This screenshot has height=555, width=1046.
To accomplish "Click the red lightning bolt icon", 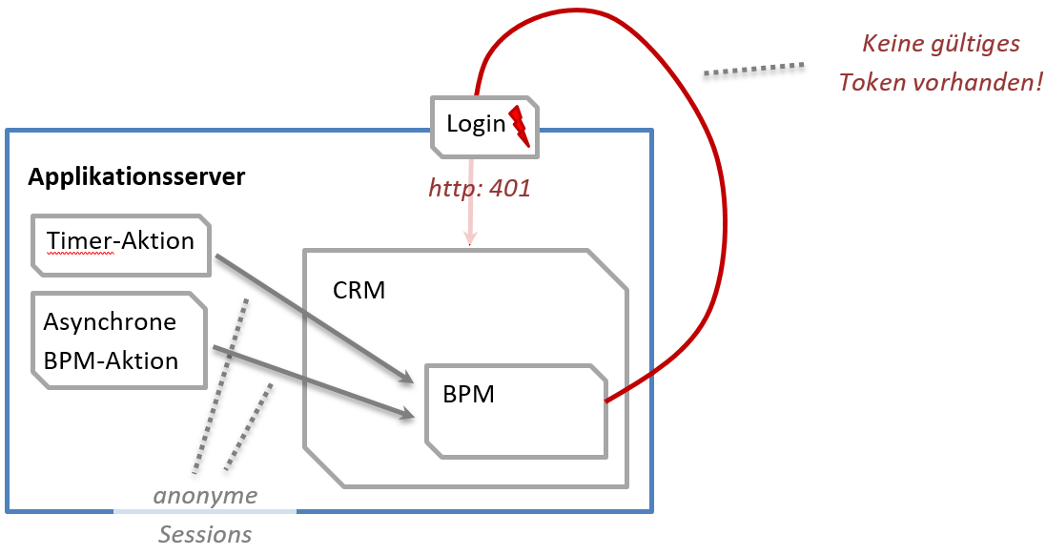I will coord(519,125).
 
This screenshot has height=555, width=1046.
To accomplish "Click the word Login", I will coord(476,124).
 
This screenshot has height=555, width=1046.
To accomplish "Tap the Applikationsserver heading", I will coord(136,176).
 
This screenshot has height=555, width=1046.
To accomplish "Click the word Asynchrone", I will coord(110,321).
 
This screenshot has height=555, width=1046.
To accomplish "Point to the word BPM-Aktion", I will coord(111,361).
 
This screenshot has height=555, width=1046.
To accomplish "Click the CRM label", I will coord(359,290).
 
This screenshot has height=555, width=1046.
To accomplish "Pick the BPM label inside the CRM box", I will coord(468,394).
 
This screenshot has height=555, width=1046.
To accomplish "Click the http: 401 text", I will coord(479,189).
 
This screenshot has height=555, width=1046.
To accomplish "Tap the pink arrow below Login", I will coord(470,224).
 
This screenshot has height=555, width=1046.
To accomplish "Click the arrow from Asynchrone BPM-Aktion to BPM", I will coord(315,381).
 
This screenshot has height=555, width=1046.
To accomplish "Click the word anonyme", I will coord(206,496).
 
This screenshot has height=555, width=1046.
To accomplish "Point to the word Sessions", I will coord(205,535).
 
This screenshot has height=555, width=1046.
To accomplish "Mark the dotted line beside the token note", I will coord(753,70).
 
